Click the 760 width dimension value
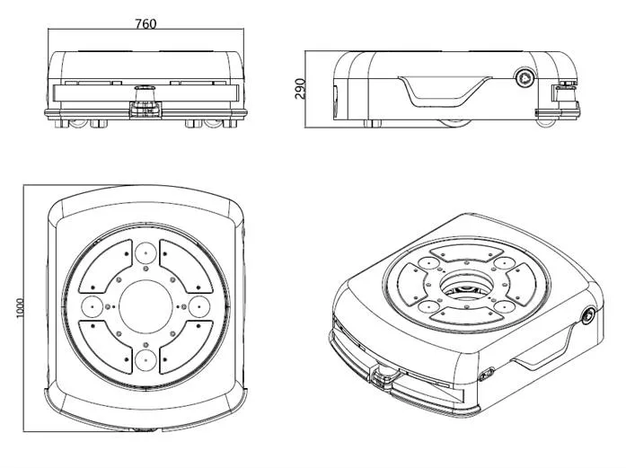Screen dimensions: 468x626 coord(145,24)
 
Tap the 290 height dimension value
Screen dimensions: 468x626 coord(300,88)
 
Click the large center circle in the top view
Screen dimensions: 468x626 coord(145,306)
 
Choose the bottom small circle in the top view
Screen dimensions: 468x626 coord(145,361)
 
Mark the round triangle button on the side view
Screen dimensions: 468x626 coord(523,78)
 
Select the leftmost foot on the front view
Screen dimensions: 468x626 coord(61,122)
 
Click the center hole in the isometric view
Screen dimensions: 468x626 coord(464,287)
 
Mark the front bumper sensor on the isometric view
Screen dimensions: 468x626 coord(384,372)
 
